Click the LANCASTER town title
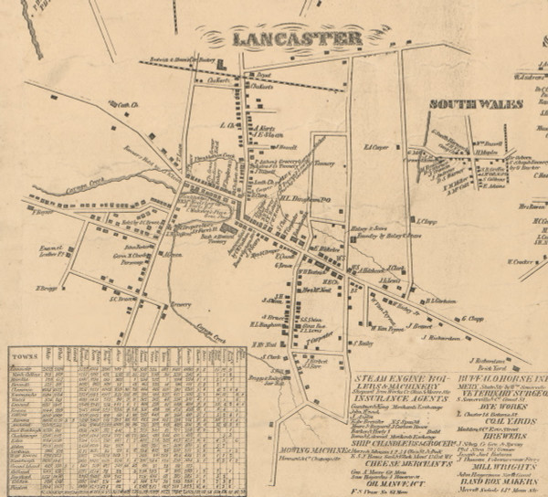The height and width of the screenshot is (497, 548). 297,37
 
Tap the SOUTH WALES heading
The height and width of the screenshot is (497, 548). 476,104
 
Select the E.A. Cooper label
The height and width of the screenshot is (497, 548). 376,146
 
